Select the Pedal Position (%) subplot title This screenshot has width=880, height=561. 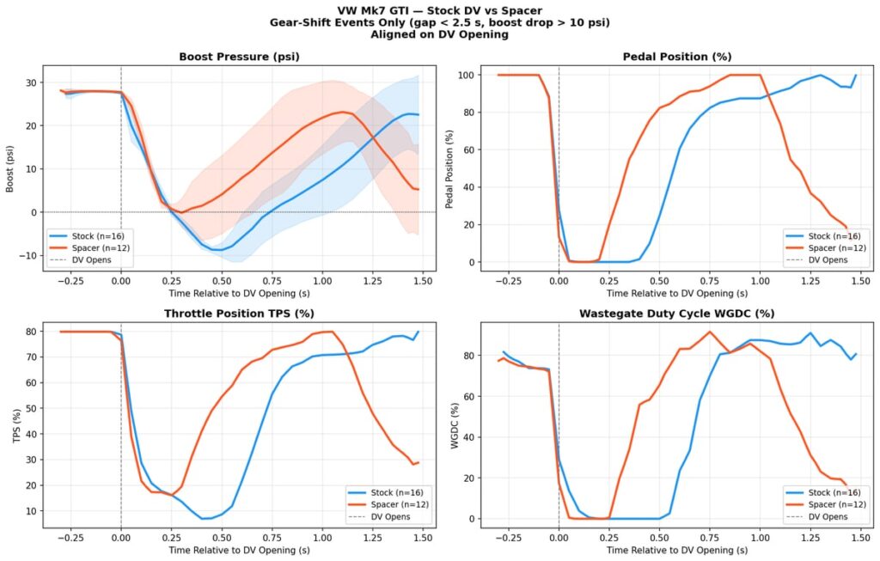click(676, 57)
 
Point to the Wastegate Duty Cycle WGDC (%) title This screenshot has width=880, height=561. click(676, 314)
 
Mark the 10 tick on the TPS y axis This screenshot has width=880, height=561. click(27, 511)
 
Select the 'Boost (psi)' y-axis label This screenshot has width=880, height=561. click(9, 168)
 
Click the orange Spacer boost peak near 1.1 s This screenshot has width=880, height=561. click(342, 112)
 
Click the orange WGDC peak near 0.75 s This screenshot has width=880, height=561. click(710, 332)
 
